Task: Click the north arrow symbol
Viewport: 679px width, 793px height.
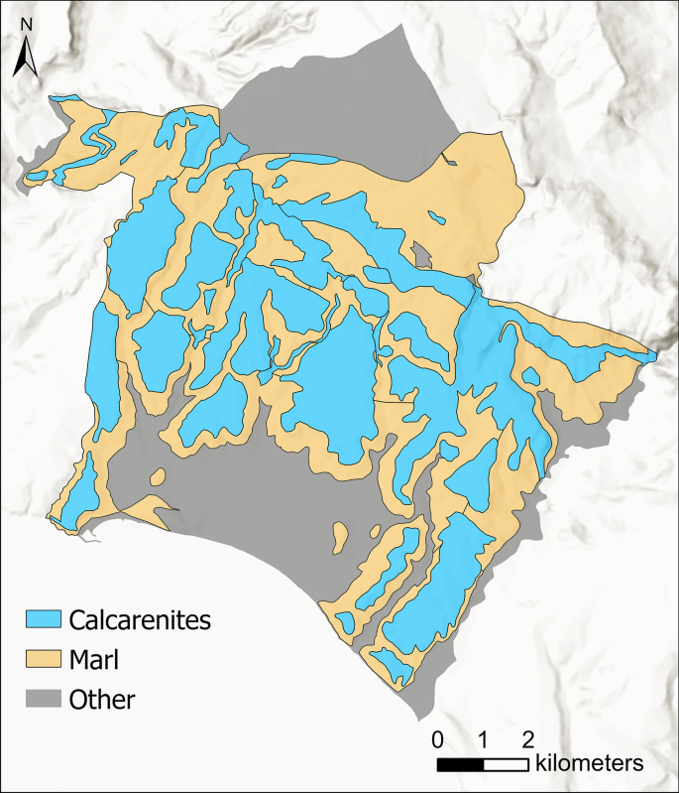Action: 25,63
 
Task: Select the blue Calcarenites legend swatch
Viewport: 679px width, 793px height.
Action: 43,621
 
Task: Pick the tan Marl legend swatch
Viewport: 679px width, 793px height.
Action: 43,660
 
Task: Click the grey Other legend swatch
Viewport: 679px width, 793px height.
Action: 43,699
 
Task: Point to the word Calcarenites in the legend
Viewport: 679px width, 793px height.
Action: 140,621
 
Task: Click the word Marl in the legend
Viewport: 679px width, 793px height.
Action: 94,660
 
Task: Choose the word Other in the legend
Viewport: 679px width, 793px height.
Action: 102,699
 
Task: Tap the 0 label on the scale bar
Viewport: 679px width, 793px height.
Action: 437,739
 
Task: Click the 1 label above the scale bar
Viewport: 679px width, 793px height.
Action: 483,739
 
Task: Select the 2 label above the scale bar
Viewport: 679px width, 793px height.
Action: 527,739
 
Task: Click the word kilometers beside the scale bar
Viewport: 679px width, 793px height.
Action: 590,763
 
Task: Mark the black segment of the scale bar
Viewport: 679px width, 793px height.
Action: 460,764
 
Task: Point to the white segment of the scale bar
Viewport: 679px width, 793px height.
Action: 506,764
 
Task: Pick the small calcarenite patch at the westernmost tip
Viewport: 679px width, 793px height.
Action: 37,178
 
